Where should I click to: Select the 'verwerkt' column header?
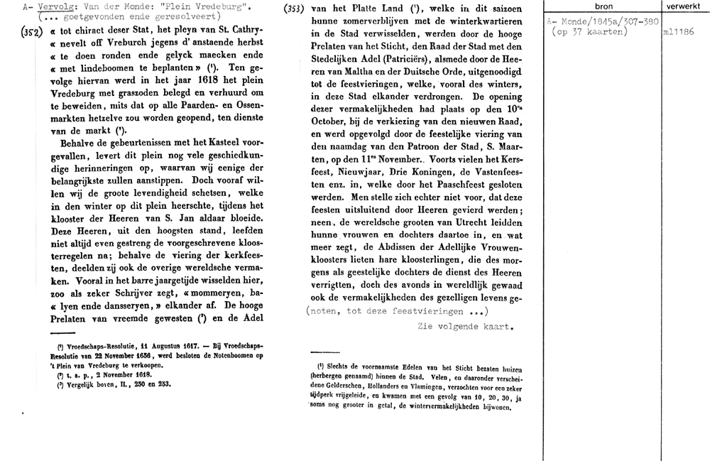tap(680, 6)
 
